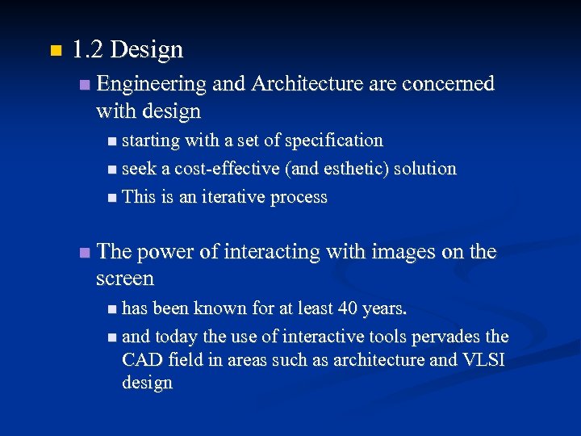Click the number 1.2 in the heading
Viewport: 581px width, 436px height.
click(87, 50)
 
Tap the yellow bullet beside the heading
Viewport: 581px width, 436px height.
click(54, 52)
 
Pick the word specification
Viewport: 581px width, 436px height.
click(334, 141)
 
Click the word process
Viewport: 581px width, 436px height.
click(299, 198)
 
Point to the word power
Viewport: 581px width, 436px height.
click(165, 252)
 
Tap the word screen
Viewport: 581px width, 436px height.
click(124, 279)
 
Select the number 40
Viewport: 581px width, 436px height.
click(345, 308)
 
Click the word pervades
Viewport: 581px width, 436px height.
click(447, 336)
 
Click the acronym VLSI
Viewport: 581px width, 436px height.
click(483, 359)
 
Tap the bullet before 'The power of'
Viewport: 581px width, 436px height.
click(85, 254)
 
